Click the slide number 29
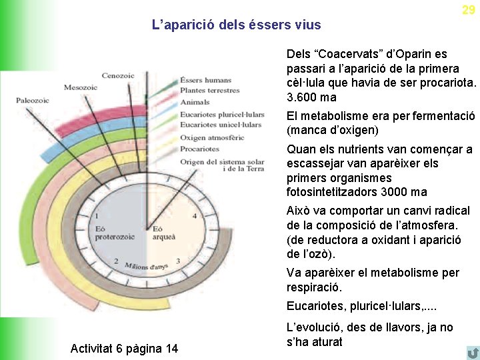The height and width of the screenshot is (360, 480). click(x=469, y=9)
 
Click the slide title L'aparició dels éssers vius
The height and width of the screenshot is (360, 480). click(x=236, y=25)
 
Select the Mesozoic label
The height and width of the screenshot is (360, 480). click(x=81, y=87)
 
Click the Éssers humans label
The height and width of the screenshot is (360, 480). click(x=206, y=81)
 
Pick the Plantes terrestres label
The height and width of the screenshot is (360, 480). click(x=209, y=91)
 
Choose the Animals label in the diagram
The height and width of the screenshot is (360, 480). click(x=195, y=102)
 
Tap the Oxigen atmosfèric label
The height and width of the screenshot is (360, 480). click(x=212, y=137)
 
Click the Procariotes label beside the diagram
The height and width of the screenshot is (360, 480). click(x=200, y=149)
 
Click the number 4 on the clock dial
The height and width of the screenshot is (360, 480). click(x=194, y=216)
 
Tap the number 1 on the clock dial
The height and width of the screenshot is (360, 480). click(x=98, y=216)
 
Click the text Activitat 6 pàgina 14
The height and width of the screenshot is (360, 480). click(x=124, y=348)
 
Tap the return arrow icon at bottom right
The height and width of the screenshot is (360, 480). click(x=473, y=352)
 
